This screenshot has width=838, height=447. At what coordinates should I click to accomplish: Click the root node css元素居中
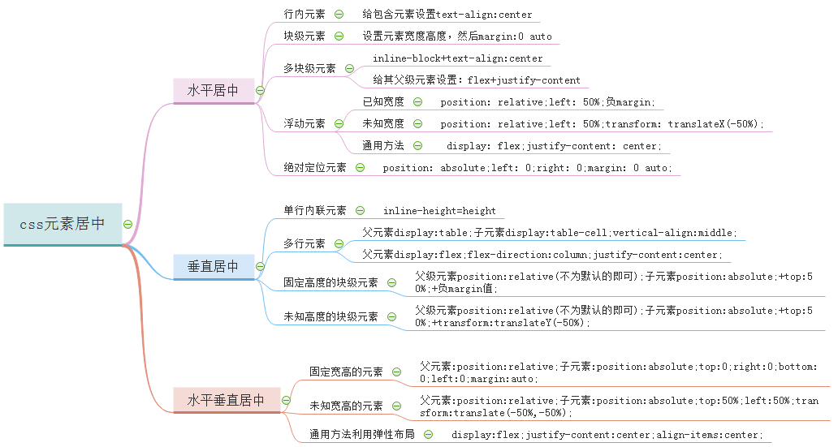(63, 224)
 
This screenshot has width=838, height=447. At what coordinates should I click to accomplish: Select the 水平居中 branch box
(213, 90)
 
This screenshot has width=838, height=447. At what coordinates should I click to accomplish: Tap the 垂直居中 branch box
(213, 266)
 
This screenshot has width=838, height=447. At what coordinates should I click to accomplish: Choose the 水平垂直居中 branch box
(226, 400)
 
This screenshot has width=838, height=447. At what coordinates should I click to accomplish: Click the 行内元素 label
(305, 15)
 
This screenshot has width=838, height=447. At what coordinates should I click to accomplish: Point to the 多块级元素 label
(309, 69)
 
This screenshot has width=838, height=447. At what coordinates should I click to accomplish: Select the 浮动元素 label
(305, 123)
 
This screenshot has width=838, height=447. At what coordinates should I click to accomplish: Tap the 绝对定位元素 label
(315, 167)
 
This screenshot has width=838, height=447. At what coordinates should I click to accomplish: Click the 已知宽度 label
(383, 101)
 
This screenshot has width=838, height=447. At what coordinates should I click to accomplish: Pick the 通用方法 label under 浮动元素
(383, 146)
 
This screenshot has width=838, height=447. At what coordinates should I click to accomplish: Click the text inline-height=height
(439, 211)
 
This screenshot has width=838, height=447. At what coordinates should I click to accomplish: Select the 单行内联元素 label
(315, 211)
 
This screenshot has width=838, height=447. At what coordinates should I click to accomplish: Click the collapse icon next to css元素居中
(127, 224)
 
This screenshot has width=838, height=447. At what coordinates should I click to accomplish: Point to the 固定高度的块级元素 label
(330, 282)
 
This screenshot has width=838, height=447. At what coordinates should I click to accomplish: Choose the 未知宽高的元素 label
(346, 406)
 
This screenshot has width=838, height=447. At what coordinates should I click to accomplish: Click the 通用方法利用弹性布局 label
(362, 434)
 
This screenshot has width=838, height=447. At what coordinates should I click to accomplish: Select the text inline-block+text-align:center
(458, 58)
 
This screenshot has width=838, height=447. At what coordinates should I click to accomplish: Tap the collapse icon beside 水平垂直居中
(286, 400)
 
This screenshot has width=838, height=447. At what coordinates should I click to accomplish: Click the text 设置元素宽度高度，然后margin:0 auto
(457, 37)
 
